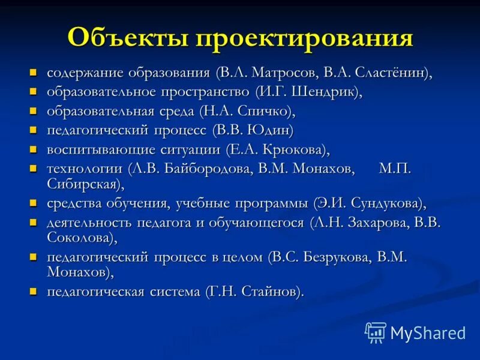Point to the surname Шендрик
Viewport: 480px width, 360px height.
pos(323,92)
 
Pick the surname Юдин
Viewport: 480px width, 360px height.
pos(272,130)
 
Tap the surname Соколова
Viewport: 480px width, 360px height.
pos(78,237)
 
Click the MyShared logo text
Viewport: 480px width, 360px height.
pos(427,332)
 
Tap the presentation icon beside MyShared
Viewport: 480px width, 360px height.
pos(376,331)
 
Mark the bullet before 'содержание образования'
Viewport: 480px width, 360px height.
pos(34,73)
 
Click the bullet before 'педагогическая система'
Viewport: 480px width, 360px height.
pos(34,292)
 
